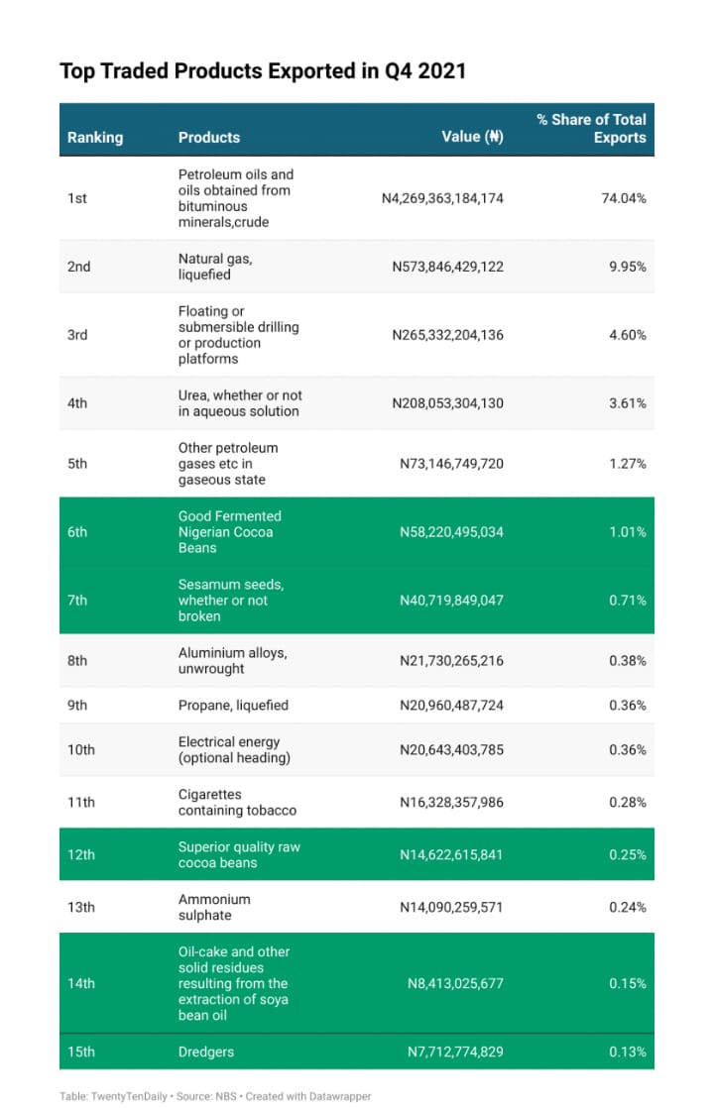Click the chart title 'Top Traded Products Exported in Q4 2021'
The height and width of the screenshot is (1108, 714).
[x=263, y=71]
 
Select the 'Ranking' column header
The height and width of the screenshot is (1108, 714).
[x=95, y=138]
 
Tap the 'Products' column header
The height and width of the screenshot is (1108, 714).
[x=209, y=138]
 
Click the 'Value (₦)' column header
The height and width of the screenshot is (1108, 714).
[x=472, y=138]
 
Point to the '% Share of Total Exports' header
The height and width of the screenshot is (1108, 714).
[x=591, y=128]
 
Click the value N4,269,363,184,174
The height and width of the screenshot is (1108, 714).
[x=442, y=198]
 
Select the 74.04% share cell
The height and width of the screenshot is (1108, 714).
[x=624, y=198]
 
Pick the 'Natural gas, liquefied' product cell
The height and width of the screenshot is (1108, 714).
[x=215, y=267]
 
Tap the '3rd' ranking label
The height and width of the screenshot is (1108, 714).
[x=77, y=335]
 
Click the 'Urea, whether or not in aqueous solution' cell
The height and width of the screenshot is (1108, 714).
[x=240, y=403]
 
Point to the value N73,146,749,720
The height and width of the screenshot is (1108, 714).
[x=451, y=464]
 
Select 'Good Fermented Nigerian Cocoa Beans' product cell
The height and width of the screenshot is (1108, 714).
[x=229, y=532]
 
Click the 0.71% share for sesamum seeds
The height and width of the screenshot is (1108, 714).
[x=628, y=601]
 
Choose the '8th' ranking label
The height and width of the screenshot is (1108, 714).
[x=77, y=661]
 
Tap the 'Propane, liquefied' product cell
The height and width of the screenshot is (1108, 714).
[x=233, y=706]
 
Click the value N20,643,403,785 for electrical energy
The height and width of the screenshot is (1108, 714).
[x=451, y=750]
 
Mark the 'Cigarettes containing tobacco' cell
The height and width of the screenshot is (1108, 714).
[x=237, y=803]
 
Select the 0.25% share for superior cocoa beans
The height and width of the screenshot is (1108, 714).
[x=628, y=855]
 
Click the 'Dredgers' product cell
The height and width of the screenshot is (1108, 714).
[x=206, y=1052]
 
